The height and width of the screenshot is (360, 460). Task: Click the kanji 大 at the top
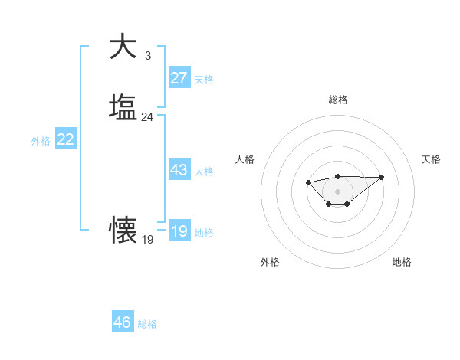pyautogui.click(x=123, y=46)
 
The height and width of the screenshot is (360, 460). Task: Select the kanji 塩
pyautogui.click(x=123, y=106)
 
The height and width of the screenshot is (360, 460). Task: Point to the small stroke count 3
pyautogui.click(x=147, y=55)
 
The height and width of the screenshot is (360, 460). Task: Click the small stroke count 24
pyautogui.click(x=147, y=117)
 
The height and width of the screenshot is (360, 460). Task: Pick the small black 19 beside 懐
pyautogui.click(x=147, y=240)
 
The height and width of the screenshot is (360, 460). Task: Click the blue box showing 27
pyautogui.click(x=179, y=78)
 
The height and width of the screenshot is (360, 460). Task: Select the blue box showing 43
pyautogui.click(x=179, y=171)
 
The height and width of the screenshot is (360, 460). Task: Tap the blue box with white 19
pyautogui.click(x=179, y=231)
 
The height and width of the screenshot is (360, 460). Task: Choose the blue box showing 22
pyautogui.click(x=66, y=139)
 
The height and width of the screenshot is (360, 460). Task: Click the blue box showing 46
pyautogui.click(x=123, y=322)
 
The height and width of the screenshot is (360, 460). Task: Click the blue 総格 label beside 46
pyautogui.click(x=147, y=324)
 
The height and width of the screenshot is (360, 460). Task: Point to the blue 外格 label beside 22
pyautogui.click(x=41, y=141)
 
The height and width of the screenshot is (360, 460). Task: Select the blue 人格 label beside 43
pyautogui.click(x=205, y=172)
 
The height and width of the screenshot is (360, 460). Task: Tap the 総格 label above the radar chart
pyautogui.click(x=337, y=100)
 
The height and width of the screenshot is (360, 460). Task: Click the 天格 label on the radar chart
pyautogui.click(x=431, y=159)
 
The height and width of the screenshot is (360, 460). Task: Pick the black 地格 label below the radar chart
pyautogui.click(x=402, y=262)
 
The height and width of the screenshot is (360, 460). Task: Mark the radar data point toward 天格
pyautogui.click(x=382, y=177)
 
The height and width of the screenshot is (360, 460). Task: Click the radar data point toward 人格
pyautogui.click(x=308, y=182)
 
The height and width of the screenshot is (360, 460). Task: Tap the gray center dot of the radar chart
pyautogui.click(x=337, y=191)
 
